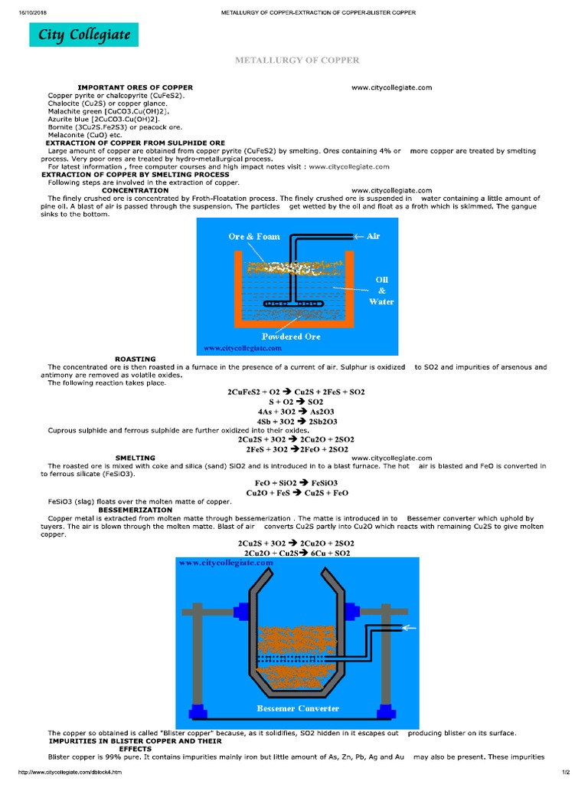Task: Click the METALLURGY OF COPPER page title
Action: click(296, 60)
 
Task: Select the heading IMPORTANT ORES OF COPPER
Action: click(135, 87)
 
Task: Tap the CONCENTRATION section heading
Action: click(135, 190)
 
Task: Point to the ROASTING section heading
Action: click(135, 359)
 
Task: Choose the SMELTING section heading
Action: click(135, 458)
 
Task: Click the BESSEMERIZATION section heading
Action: click(136, 509)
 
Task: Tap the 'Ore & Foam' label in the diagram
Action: click(254, 237)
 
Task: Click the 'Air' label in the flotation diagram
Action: click(373, 236)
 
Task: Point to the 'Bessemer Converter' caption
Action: click(297, 708)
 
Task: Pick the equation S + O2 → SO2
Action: click(296, 402)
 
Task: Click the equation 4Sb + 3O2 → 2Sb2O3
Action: click(296, 421)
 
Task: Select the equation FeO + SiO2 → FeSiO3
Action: click(296, 483)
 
